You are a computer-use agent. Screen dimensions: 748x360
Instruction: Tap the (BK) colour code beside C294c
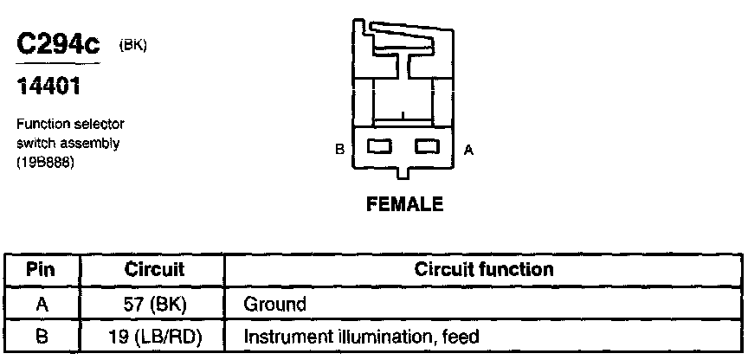132,46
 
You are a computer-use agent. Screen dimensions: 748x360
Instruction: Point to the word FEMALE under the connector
405,205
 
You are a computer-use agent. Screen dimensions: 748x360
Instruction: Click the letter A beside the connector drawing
468,150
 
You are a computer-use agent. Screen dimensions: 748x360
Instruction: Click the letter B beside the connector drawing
340,150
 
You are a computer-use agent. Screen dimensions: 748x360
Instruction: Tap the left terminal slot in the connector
381,148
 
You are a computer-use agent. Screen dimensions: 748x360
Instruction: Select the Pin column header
42,269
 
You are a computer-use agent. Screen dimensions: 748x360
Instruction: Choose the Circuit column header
155,269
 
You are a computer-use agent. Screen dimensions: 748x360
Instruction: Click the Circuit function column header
484,269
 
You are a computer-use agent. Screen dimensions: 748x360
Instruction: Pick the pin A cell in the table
42,303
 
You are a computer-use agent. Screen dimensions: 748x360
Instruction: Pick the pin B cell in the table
42,336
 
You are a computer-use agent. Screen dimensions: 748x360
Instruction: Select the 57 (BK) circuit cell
155,303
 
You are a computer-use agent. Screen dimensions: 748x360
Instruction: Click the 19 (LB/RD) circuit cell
155,336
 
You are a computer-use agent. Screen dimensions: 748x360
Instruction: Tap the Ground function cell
274,303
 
